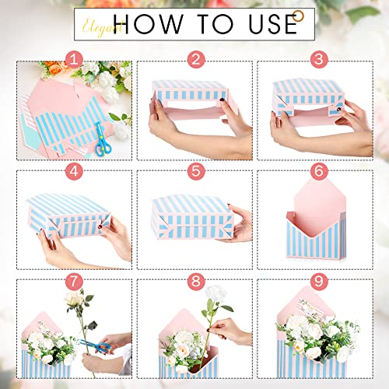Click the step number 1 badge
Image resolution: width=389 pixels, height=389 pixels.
(73, 58)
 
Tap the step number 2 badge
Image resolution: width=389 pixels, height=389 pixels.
(195, 58)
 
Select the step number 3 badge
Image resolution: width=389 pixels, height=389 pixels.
(317, 58)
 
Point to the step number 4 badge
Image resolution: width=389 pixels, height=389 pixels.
(73, 172)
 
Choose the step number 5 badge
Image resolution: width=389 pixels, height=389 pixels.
(195, 172)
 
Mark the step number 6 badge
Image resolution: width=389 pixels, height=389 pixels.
(317, 172)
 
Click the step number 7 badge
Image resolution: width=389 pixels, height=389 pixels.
(73, 281)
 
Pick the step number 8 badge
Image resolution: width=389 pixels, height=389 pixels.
(195, 281)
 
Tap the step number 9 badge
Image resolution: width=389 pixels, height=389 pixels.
(317, 281)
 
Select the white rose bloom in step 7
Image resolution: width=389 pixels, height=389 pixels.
(75, 299)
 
